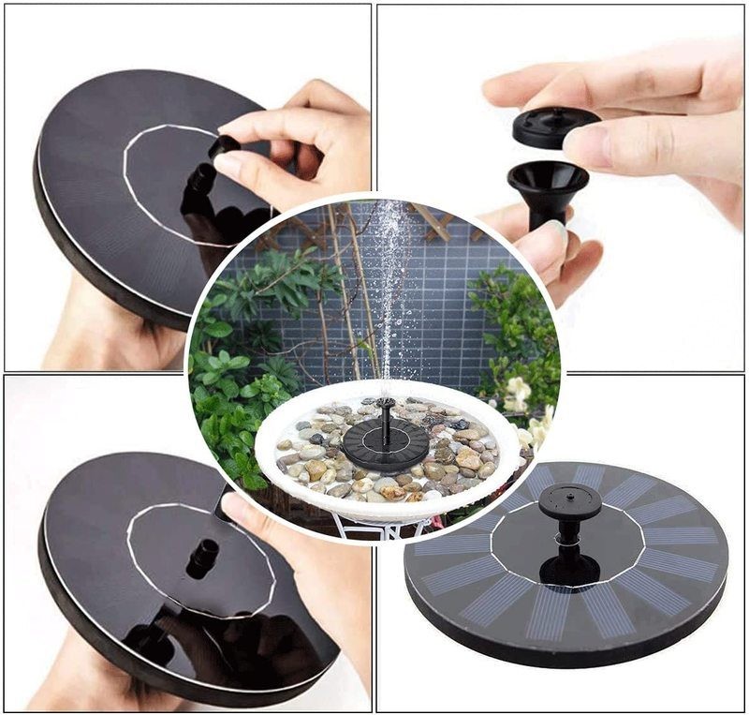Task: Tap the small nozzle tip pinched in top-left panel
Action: click(224, 145)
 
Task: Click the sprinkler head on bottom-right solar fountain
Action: click(569, 504)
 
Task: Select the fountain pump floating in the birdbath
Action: click(385, 442)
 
